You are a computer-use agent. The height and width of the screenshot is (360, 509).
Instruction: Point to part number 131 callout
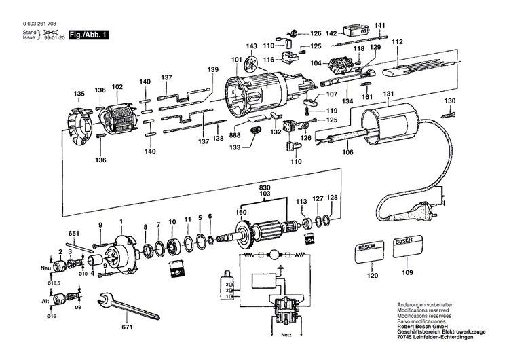point(388,94)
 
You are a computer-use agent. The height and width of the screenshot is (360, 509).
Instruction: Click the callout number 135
point(79,93)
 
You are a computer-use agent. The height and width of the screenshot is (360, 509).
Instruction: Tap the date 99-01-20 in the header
point(53,39)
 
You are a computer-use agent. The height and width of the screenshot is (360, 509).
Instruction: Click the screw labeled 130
point(447,116)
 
